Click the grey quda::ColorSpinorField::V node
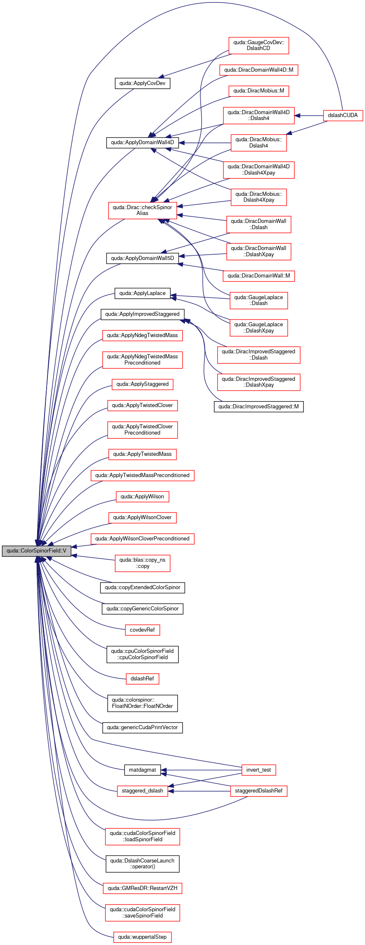(37, 551)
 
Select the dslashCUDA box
(343, 115)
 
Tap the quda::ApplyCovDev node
(142, 83)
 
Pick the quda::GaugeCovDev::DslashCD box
(258, 45)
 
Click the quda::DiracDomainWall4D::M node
(258, 70)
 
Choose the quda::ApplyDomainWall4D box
(142, 142)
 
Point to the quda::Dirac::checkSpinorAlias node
(142, 210)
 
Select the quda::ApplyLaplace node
(142, 293)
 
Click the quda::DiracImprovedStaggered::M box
(258, 407)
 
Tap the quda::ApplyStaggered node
(142, 384)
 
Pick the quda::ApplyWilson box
(142, 497)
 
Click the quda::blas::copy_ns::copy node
(142, 563)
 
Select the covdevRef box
(142, 630)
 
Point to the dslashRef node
(142, 679)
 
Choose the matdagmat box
(142, 770)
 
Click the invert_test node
(258, 770)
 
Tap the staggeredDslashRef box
(258, 791)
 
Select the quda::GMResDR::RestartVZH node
(142, 888)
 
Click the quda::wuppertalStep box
(142, 937)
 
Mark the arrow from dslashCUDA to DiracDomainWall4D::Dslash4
(309, 115)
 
